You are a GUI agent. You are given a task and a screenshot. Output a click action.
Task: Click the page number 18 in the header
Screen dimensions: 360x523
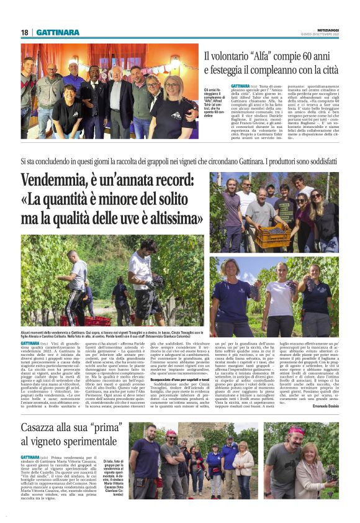point(25,32)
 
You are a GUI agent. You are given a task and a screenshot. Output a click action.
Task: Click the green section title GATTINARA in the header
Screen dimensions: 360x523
point(58,32)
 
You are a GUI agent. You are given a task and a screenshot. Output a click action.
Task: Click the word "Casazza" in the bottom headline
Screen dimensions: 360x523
point(48,412)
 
